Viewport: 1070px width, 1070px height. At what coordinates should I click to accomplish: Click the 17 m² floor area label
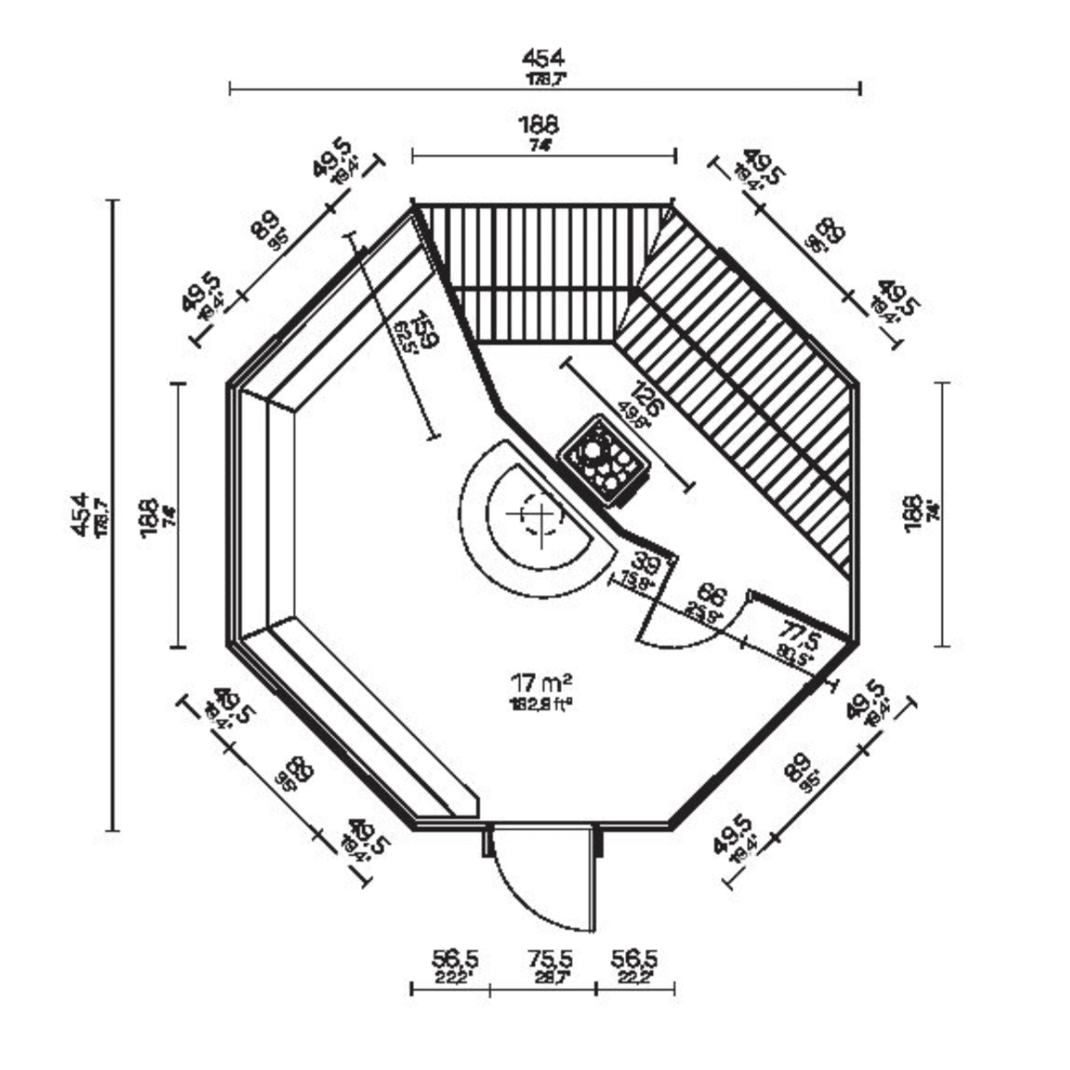pyautogui.click(x=541, y=684)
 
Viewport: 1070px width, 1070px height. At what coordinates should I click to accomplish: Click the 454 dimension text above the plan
pyautogui.click(x=543, y=60)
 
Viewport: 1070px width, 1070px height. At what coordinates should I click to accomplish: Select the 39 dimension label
pyautogui.click(x=646, y=564)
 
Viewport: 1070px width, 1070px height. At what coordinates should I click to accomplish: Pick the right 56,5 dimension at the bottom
pyautogui.click(x=634, y=960)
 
